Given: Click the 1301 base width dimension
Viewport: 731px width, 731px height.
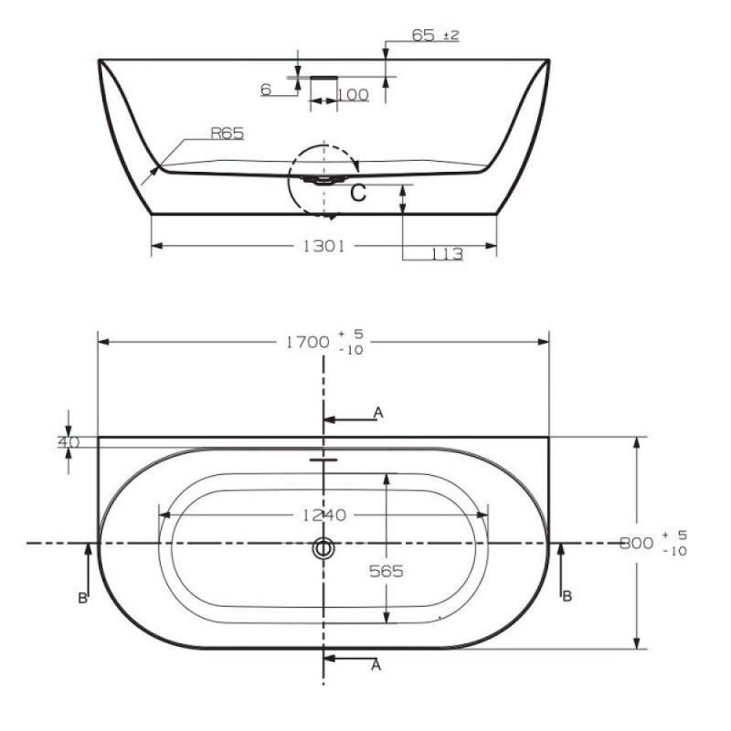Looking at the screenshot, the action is pyautogui.click(x=324, y=246).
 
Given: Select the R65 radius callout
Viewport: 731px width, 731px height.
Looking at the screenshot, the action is pyautogui.click(x=227, y=133).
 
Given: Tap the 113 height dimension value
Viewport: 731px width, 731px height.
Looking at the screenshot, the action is pyautogui.click(x=447, y=254).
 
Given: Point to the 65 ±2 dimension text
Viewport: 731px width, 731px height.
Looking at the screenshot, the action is pyautogui.click(x=436, y=35).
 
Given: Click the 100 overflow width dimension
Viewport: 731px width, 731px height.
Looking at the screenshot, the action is pyautogui.click(x=353, y=95).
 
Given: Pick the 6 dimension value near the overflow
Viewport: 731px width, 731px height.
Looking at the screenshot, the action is pyautogui.click(x=266, y=89).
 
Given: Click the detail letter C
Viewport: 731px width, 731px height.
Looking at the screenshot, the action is pyautogui.click(x=358, y=193).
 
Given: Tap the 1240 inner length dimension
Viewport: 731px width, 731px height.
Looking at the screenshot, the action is pyautogui.click(x=324, y=515).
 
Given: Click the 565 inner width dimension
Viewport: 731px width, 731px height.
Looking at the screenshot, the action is pyautogui.click(x=386, y=571).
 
